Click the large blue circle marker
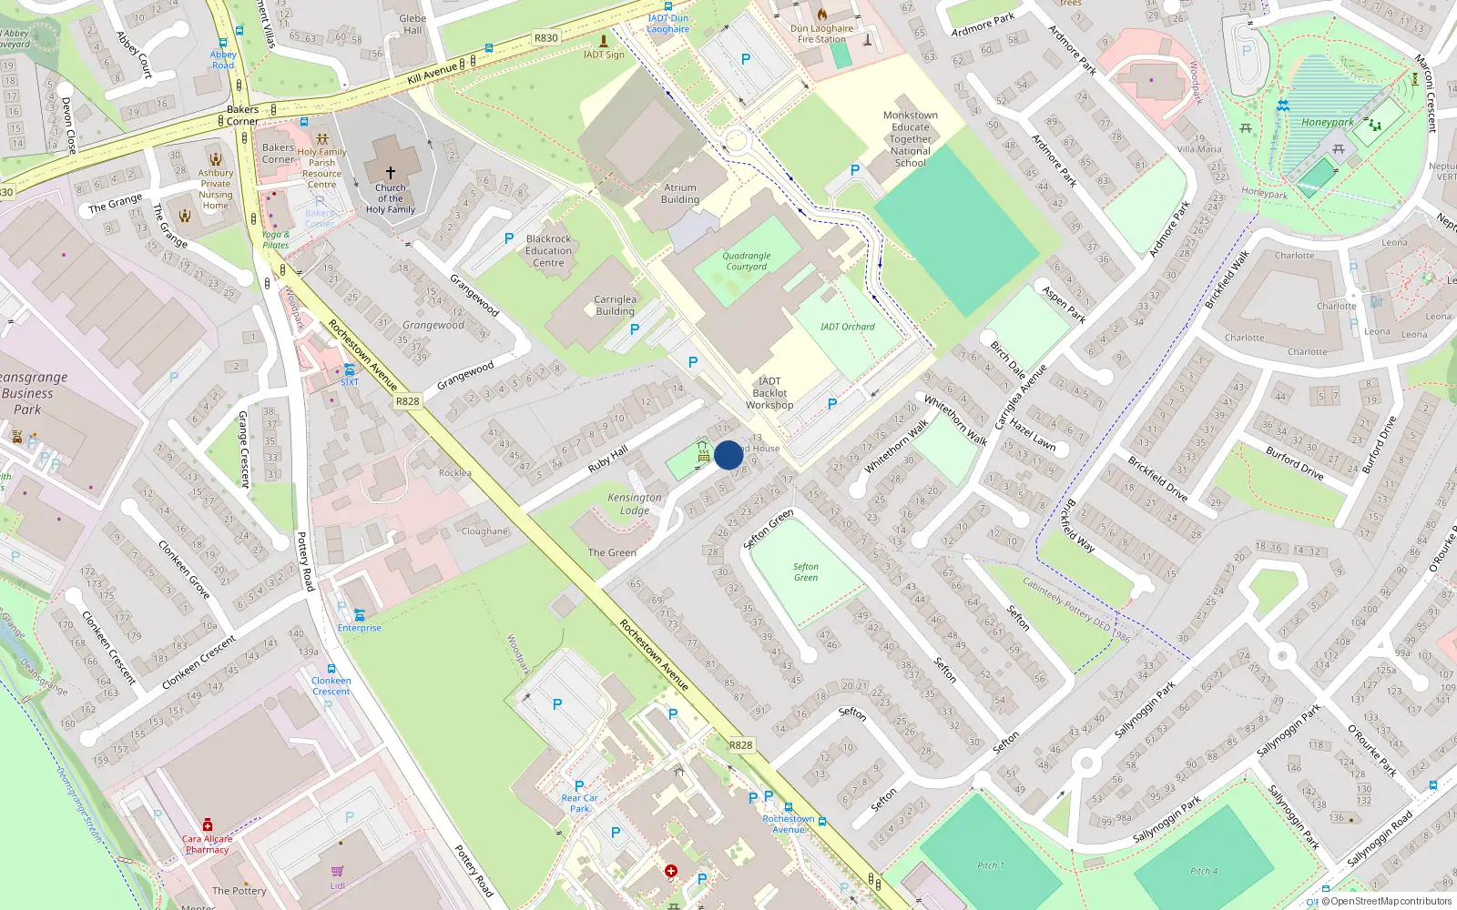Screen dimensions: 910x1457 pos(728,455)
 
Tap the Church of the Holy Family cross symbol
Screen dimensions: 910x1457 pos(391,172)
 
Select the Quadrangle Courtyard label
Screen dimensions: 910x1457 pos(747,261)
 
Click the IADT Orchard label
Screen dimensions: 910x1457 pos(847,327)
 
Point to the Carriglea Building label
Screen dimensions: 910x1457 pos(615,305)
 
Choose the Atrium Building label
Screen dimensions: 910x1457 pos(680,194)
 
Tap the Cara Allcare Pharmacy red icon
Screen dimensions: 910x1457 pos(208,824)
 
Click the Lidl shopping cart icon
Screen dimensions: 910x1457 pos(338,871)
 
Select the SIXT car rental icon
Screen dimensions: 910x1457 pos(350,369)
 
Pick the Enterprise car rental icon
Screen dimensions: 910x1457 pos(359,614)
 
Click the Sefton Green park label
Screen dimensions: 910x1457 pos(806,571)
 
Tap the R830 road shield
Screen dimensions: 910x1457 pos(546,38)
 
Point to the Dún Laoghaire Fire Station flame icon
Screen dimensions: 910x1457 pos(822,15)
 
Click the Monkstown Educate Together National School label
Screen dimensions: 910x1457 pos(910,139)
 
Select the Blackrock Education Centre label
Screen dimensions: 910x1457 pos(548,251)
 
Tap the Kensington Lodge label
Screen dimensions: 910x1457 pos(635,503)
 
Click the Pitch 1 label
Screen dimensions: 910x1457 pos(991,865)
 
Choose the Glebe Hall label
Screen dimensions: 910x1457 pos(413,24)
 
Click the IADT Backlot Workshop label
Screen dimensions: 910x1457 pos(769,393)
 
